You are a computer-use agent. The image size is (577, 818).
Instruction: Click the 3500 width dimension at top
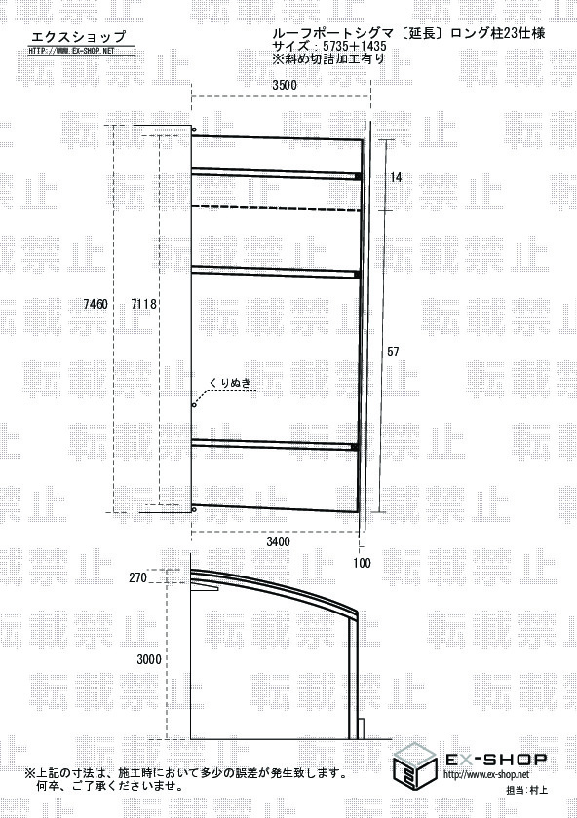(x=284, y=85)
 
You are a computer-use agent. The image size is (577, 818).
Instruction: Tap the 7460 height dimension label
(x=96, y=304)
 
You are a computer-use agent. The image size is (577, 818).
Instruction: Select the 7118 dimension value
(x=143, y=304)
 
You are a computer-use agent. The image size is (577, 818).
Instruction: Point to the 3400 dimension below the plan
(x=278, y=541)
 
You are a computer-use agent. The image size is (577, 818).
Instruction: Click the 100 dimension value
(x=362, y=563)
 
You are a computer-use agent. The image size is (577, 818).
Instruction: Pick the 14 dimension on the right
(x=397, y=177)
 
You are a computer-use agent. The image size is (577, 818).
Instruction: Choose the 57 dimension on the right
(x=393, y=352)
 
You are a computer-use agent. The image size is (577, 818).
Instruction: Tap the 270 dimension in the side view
(x=137, y=578)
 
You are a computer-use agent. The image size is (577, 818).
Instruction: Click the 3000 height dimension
(x=149, y=659)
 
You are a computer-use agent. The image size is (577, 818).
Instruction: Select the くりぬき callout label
(x=230, y=384)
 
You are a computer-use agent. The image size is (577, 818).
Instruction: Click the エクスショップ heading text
(x=79, y=36)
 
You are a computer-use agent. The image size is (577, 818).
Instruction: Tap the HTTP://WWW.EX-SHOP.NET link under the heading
(x=71, y=51)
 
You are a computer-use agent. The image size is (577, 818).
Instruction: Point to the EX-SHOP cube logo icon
(x=414, y=765)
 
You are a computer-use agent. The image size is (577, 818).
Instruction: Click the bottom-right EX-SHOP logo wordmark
(x=495, y=759)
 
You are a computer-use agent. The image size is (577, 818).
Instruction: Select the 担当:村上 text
(x=527, y=791)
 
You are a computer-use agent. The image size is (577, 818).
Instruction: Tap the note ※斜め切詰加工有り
(x=327, y=58)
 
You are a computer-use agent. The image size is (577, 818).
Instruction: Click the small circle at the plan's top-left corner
(x=194, y=130)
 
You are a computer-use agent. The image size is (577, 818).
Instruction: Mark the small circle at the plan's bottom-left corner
(x=194, y=509)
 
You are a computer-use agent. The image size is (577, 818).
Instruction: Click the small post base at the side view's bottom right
(x=361, y=728)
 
